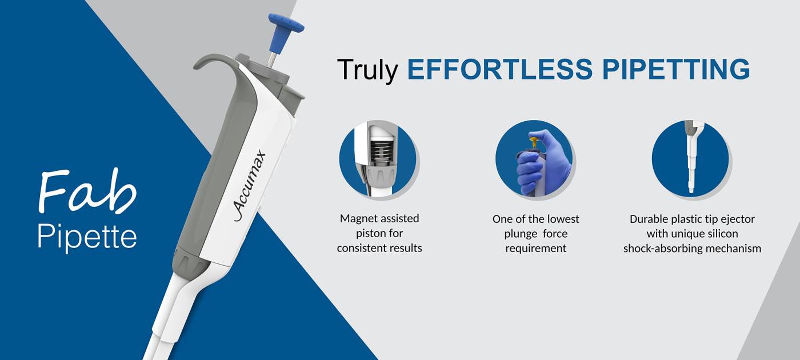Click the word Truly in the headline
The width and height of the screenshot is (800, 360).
coord(367,70)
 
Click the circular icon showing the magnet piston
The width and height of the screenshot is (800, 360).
coord(378,159)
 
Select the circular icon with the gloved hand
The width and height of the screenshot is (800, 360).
coord(534,159)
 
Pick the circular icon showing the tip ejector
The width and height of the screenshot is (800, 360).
coord(690,159)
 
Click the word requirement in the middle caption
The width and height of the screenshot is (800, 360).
coord(535,248)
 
